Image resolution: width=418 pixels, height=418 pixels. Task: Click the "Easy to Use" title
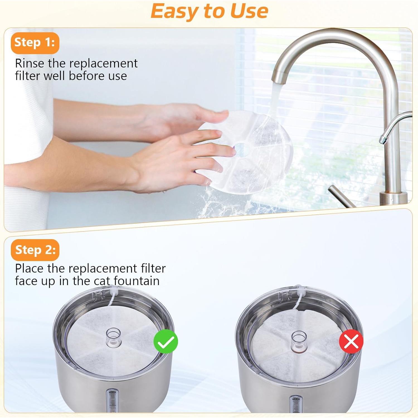(x=209, y=11)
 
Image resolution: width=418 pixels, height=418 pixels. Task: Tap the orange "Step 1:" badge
(x=35, y=43)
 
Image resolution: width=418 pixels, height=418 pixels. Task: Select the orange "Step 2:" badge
(x=35, y=250)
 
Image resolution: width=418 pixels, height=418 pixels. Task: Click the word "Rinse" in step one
(x=30, y=64)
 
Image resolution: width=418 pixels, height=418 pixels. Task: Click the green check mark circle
(x=166, y=341)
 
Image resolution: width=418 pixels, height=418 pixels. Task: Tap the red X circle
(x=351, y=341)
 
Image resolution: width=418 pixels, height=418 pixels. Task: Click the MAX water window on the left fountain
(x=112, y=401)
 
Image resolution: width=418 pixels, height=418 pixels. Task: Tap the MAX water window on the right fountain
(x=296, y=405)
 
